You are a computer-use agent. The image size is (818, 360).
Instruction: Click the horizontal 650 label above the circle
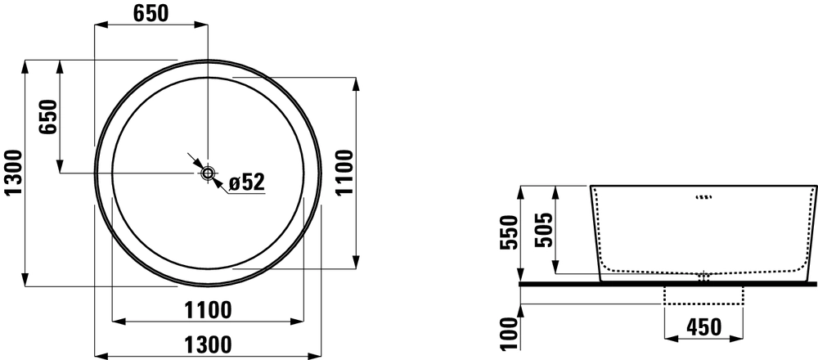[151, 14]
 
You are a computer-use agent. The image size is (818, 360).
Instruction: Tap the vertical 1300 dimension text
[13, 173]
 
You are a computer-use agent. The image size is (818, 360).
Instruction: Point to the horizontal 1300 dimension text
[208, 345]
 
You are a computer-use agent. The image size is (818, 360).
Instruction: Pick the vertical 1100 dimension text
[345, 173]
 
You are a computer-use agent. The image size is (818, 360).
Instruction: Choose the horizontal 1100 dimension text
[208, 310]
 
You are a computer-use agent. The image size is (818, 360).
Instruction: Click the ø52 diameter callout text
[247, 182]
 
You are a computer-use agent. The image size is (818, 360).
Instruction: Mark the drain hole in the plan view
[208, 173]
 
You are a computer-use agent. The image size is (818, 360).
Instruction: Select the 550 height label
[509, 232]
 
